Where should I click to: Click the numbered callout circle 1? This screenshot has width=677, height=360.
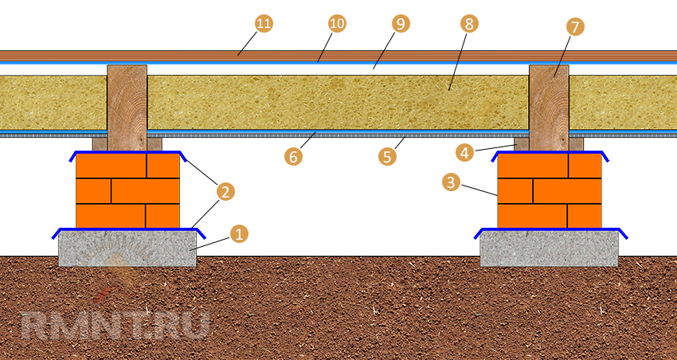click(237, 234)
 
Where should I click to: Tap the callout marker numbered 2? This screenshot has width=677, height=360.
click(225, 190)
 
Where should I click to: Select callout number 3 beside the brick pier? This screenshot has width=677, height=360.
click(451, 182)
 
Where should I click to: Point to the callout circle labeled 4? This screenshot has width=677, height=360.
click(464, 151)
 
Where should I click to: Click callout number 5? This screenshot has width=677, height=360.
click(387, 156)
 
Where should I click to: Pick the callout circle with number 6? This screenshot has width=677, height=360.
click(293, 156)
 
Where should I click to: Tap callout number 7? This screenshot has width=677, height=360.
click(574, 26)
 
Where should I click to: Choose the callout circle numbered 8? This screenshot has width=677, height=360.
click(468, 24)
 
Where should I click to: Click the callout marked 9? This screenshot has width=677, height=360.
click(401, 24)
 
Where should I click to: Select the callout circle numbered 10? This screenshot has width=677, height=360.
click(337, 24)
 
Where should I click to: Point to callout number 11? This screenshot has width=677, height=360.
click(264, 24)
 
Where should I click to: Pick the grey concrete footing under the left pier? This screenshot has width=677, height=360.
click(127, 248)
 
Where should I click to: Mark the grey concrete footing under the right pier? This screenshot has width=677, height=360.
click(549, 248)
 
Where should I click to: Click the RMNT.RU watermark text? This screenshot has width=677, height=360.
click(115, 325)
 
